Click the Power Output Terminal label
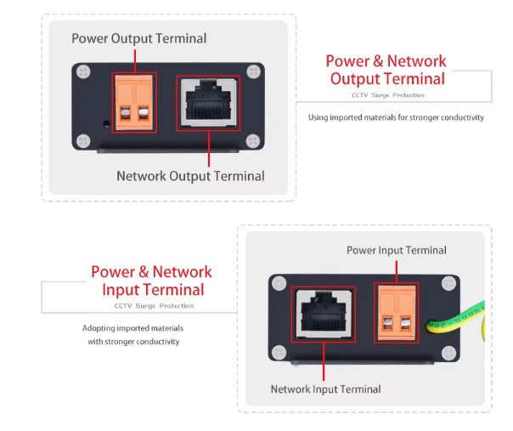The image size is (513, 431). click(x=138, y=38)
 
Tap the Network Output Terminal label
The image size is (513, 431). click(x=190, y=176)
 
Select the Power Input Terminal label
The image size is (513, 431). click(x=396, y=250)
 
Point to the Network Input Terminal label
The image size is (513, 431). click(x=325, y=388)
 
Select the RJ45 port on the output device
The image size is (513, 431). click(x=208, y=104)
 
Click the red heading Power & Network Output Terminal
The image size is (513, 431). click(x=386, y=70)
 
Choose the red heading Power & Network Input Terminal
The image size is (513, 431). click(x=151, y=281)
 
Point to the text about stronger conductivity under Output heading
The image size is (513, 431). click(x=396, y=117)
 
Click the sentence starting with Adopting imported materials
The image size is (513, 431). click(x=132, y=335)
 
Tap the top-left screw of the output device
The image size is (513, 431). click(x=82, y=72)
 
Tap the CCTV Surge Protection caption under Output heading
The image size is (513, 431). click(x=387, y=95)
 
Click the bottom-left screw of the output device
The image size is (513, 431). click(x=82, y=140)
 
